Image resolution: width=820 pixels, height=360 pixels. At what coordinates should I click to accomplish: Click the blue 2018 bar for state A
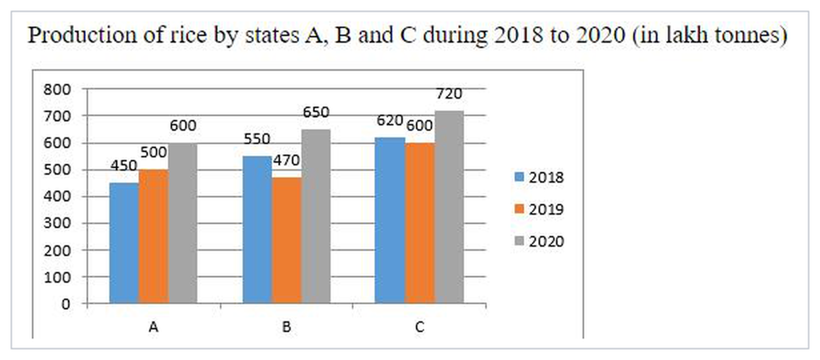(x=125, y=243)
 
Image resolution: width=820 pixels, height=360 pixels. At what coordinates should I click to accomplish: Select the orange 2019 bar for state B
(x=287, y=240)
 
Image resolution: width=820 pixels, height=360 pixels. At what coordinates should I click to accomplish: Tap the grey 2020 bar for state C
(x=449, y=207)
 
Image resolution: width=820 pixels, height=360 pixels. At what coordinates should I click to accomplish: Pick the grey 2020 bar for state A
(x=183, y=223)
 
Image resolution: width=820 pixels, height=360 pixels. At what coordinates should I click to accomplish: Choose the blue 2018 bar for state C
(x=390, y=220)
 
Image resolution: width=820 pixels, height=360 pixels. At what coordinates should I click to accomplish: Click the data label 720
(x=449, y=94)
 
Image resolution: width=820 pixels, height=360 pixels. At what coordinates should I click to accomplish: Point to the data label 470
(x=287, y=161)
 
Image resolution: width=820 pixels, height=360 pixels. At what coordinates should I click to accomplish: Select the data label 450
(x=124, y=166)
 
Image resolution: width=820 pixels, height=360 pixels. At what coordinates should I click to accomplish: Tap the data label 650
(x=316, y=112)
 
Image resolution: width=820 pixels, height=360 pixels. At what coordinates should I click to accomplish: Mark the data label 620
(x=390, y=121)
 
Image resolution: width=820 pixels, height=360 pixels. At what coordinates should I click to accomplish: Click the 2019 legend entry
(x=539, y=209)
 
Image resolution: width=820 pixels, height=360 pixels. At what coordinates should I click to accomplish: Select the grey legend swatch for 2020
(x=519, y=241)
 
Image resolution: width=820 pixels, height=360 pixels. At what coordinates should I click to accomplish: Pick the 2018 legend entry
(x=539, y=177)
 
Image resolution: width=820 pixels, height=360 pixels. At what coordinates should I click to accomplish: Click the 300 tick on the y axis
(x=57, y=223)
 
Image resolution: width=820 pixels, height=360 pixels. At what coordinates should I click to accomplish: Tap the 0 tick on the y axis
(x=66, y=305)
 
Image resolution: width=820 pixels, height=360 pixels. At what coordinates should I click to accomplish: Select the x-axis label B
(x=287, y=327)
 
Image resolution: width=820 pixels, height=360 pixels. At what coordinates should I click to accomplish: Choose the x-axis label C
(x=420, y=327)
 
